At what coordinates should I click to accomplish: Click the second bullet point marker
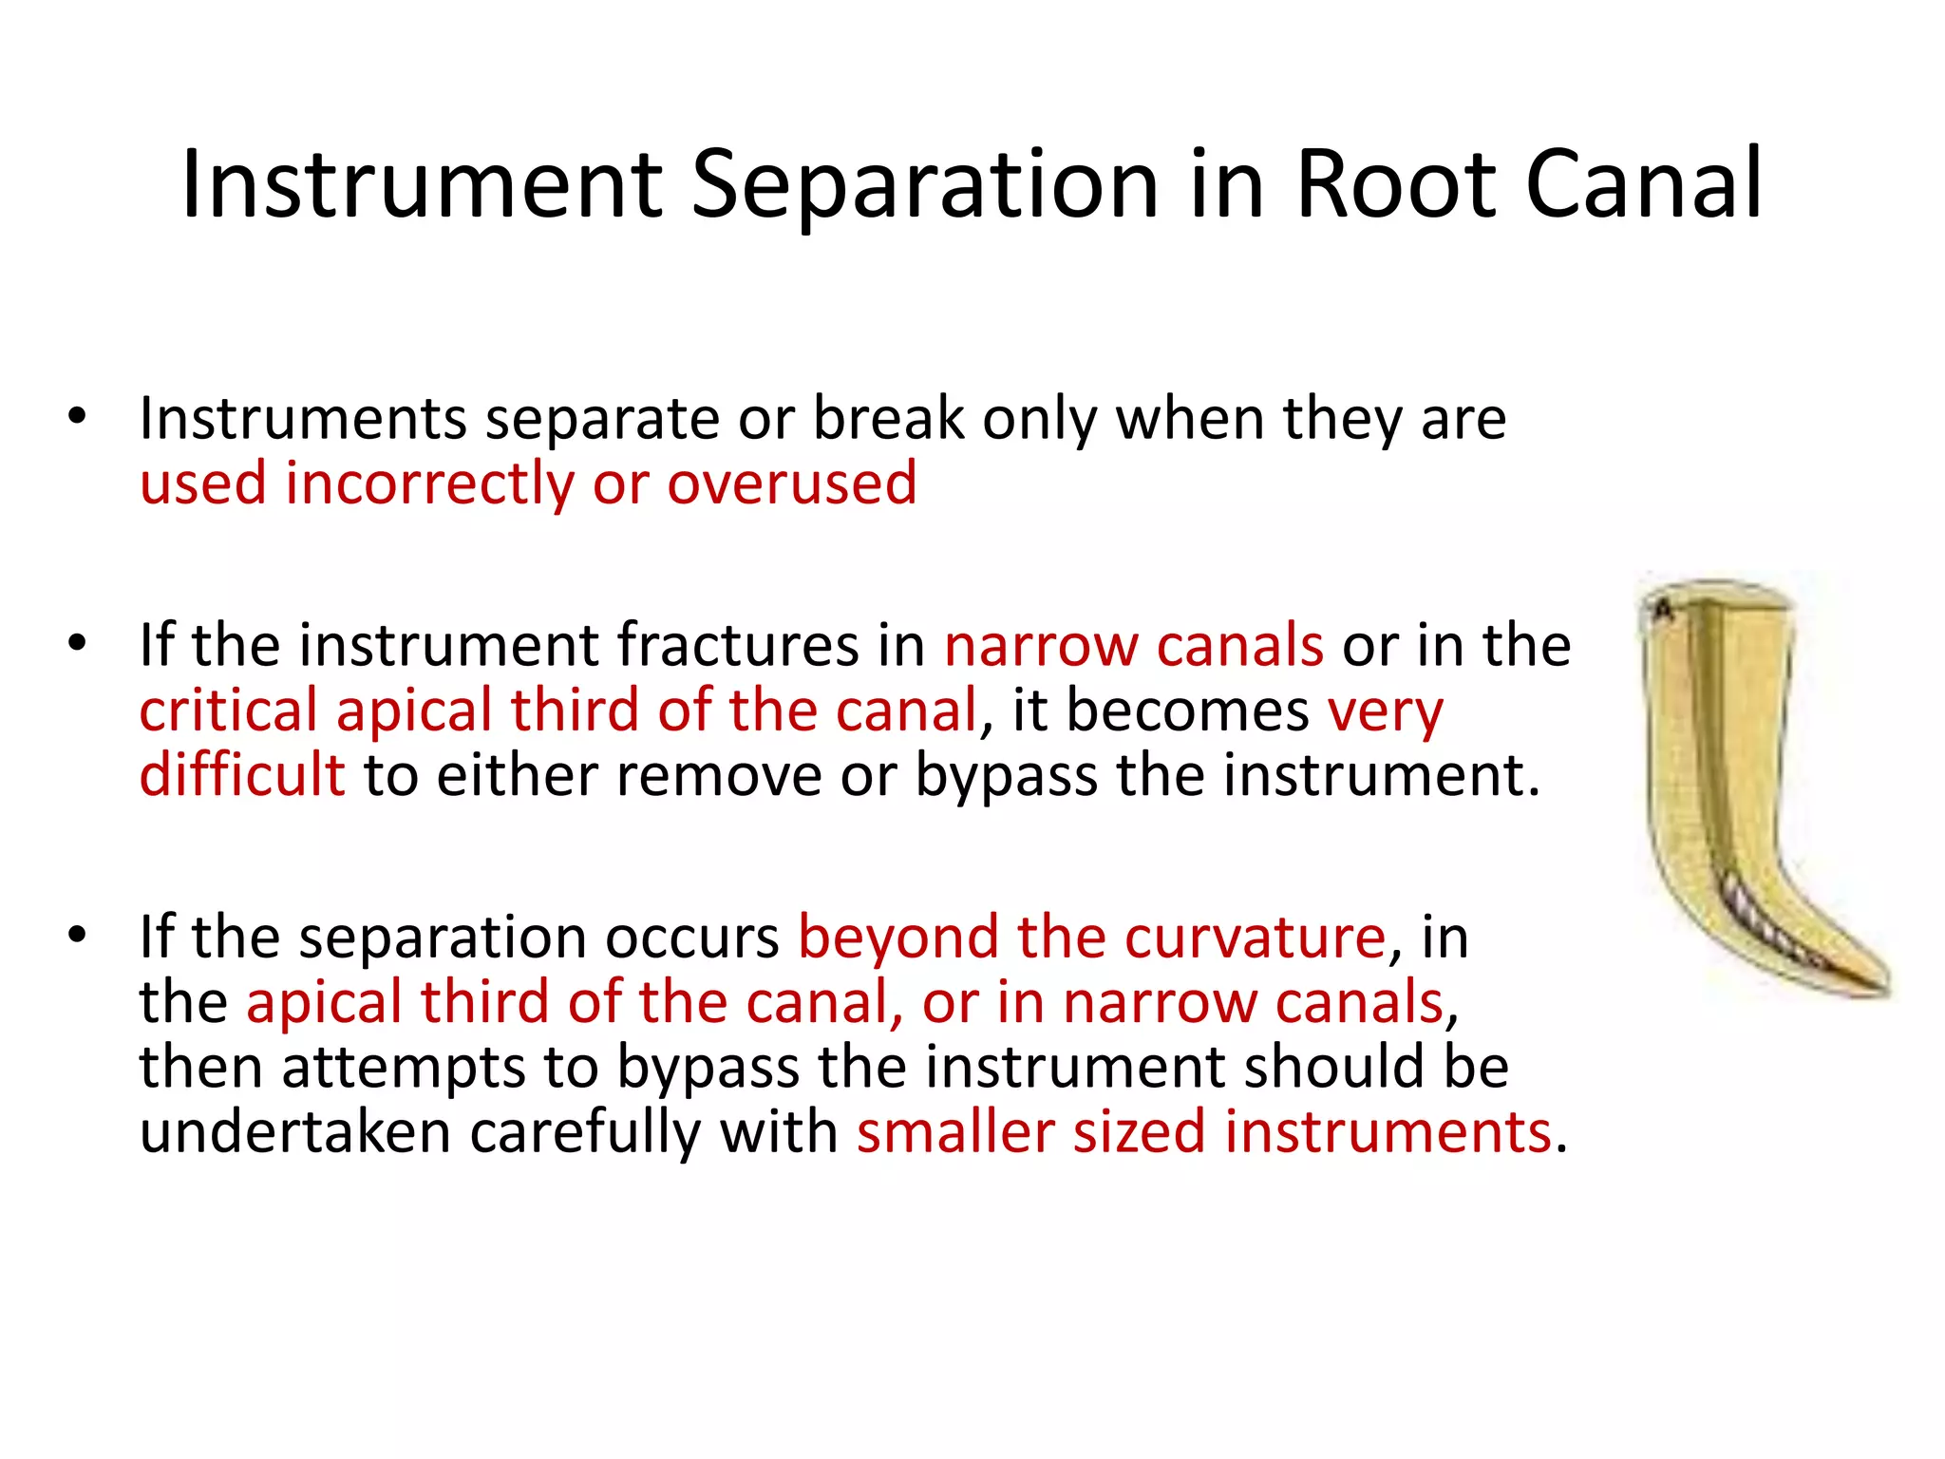coord(77,643)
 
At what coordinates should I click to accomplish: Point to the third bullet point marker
coord(77,935)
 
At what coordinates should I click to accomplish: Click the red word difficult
coord(241,774)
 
